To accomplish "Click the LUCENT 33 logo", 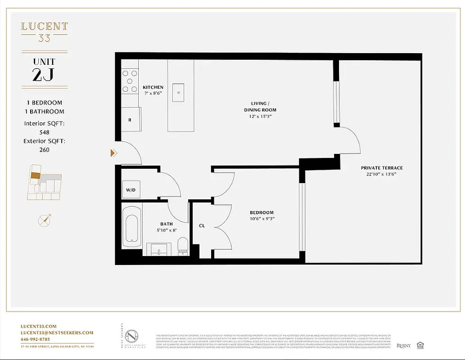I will [x=44, y=31].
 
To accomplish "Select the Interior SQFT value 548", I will [x=44, y=132].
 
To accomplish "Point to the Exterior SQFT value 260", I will [x=44, y=149].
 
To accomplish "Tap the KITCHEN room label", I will [x=153, y=87].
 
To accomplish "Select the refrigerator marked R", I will [x=130, y=120].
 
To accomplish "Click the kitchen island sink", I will [x=179, y=93].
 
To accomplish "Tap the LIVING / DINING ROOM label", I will [x=260, y=107].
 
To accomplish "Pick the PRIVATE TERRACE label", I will [x=381, y=168].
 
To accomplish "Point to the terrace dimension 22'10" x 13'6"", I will [x=381, y=174].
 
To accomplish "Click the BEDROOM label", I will [x=262, y=212].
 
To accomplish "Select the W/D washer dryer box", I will [x=131, y=190].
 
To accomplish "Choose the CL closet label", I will [x=202, y=225].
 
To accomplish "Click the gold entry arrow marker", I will [x=113, y=153].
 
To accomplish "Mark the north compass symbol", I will [x=44, y=220].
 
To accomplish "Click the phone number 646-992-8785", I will [x=36, y=339].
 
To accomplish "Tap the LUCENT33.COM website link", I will [x=39, y=326].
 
